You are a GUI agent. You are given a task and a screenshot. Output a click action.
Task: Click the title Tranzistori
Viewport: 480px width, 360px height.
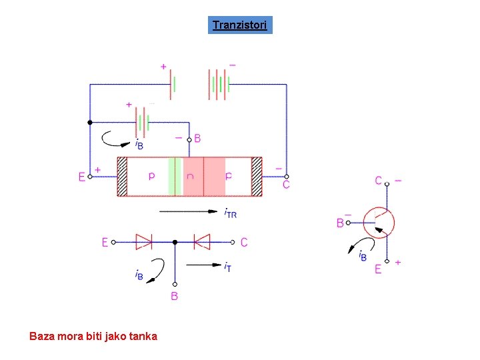240,26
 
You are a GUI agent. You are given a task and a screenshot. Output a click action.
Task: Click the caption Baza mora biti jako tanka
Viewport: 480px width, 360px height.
93,336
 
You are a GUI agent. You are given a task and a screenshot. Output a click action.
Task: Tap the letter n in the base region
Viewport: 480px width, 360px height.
191,177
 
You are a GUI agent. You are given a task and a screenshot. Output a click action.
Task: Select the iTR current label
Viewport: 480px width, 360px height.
230,213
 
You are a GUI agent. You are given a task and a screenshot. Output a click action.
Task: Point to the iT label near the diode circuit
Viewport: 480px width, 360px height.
227,266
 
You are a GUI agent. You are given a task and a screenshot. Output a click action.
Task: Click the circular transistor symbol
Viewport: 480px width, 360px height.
379,223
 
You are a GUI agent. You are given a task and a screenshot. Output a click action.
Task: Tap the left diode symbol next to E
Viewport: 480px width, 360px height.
144,242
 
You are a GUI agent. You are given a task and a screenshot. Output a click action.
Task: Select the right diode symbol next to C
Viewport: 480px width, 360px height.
201,242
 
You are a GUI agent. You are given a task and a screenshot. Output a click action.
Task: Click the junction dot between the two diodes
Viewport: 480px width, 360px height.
174,242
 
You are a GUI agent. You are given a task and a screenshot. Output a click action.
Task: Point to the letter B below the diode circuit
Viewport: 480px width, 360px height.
175,296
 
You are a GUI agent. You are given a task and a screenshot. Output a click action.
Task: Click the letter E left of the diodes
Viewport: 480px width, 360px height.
105,243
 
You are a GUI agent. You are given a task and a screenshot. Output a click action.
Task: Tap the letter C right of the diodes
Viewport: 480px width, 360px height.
244,243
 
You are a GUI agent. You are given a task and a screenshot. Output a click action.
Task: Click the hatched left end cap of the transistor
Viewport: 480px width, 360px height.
122,177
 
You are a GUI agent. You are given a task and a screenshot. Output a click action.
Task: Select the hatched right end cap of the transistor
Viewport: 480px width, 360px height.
257,177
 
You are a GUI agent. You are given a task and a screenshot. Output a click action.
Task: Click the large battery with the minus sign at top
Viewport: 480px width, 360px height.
219,85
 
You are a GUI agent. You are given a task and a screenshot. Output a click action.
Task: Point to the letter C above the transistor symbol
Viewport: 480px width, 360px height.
378,181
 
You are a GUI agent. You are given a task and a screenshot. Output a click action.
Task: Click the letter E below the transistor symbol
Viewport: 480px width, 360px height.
378,269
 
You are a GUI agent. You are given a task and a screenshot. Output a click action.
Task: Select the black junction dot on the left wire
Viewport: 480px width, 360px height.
90,123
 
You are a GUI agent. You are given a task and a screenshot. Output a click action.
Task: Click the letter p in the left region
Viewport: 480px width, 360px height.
151,177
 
